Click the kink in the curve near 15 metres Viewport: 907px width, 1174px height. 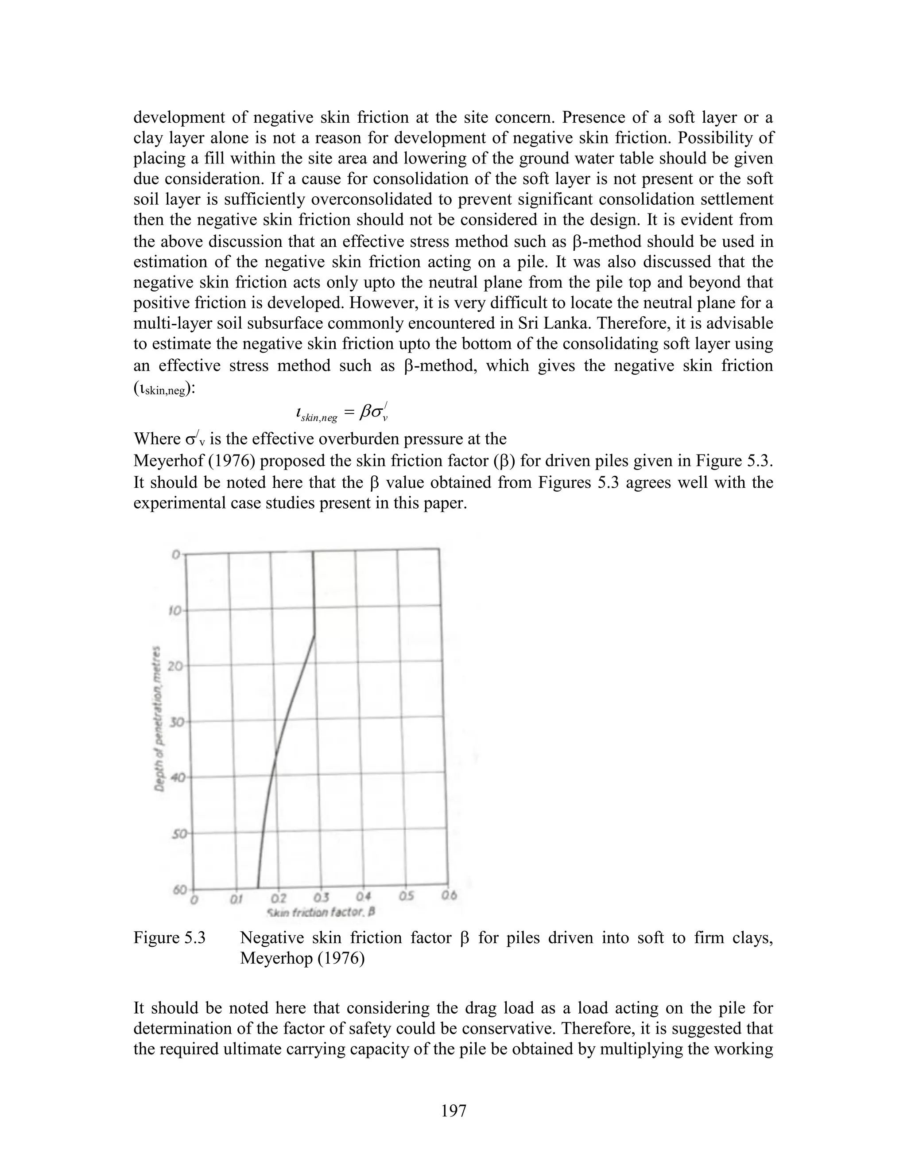click(314, 635)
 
